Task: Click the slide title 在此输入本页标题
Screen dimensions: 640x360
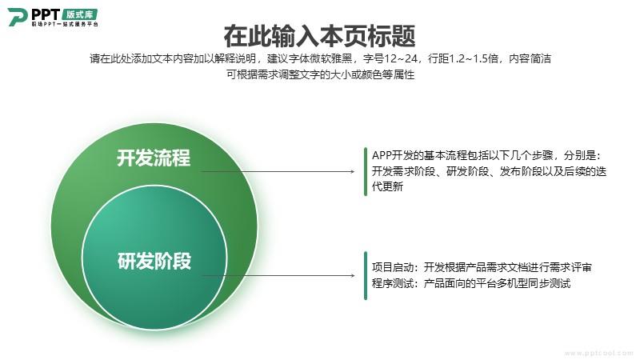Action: (319, 36)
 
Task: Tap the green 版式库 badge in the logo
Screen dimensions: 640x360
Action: (79, 14)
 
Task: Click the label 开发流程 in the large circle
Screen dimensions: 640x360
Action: (154, 158)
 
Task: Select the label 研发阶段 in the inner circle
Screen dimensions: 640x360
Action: (154, 261)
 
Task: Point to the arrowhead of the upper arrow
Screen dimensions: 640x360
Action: (352, 171)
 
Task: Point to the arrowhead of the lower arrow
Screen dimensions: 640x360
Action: (352, 275)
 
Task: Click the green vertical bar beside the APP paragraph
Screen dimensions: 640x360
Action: (366, 171)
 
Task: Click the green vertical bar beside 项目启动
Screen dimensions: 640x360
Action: (366, 275)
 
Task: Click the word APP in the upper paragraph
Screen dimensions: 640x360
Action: (382, 155)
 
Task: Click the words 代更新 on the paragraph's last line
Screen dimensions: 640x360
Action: (387, 187)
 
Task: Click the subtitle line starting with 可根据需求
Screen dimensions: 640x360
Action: (321, 74)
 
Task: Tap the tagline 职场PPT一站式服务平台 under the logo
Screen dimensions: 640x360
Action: (65, 24)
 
